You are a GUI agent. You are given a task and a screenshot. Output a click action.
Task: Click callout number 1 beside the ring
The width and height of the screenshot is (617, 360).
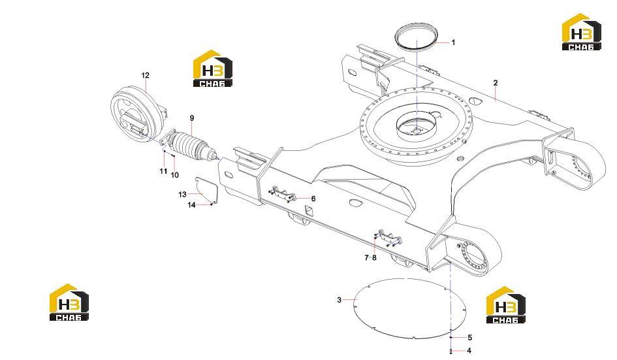click(x=453, y=42)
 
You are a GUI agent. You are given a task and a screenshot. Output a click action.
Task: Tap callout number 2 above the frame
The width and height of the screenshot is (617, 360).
click(x=496, y=83)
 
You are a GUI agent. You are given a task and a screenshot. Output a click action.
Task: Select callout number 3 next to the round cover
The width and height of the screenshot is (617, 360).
click(x=340, y=300)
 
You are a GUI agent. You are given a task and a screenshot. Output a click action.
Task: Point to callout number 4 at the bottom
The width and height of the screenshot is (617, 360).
click(x=469, y=350)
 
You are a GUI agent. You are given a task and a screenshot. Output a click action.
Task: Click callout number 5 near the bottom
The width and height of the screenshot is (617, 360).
click(x=469, y=338)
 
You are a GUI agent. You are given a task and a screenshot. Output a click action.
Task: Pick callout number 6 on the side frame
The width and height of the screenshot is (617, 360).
click(x=313, y=199)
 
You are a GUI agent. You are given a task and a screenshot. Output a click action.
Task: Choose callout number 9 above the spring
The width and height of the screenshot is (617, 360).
click(x=192, y=118)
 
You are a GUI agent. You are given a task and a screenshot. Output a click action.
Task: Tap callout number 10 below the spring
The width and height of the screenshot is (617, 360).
click(x=175, y=175)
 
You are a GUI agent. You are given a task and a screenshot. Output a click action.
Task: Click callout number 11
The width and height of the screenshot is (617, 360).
click(x=163, y=171)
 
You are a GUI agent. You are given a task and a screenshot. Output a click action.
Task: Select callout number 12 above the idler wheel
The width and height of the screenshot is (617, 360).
click(x=145, y=75)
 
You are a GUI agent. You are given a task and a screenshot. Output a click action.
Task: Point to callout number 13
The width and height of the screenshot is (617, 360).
click(x=182, y=194)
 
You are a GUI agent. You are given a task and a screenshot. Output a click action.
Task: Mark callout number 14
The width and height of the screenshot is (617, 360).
click(x=191, y=205)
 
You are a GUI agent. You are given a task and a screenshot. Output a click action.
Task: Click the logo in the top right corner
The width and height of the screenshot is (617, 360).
click(x=581, y=32)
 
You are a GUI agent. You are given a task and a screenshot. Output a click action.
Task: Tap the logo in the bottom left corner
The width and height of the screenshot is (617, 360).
click(x=69, y=302)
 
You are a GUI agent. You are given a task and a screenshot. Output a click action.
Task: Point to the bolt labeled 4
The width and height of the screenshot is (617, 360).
click(x=451, y=351)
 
